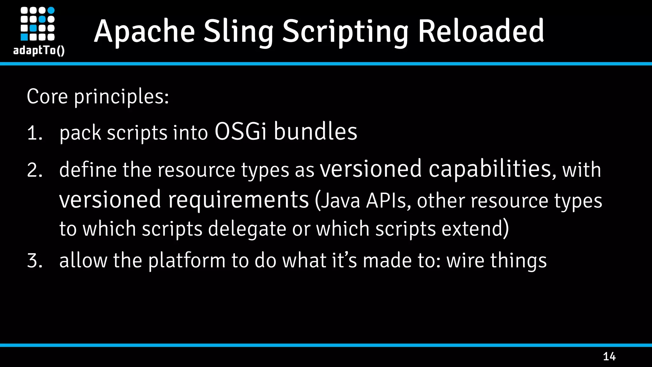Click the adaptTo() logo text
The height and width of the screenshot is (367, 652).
(39, 50)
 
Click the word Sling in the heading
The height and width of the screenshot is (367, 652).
(238, 32)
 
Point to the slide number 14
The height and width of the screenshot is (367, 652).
(609, 356)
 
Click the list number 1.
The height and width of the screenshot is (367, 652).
(34, 133)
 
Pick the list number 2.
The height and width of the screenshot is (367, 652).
(34, 170)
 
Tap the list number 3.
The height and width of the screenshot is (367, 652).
(34, 260)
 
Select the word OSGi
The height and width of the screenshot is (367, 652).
(241, 131)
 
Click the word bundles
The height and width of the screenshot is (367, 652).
(315, 131)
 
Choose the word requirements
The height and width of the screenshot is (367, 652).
(238, 199)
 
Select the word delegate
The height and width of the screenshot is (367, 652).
(247, 229)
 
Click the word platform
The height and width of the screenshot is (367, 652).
(187, 261)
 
